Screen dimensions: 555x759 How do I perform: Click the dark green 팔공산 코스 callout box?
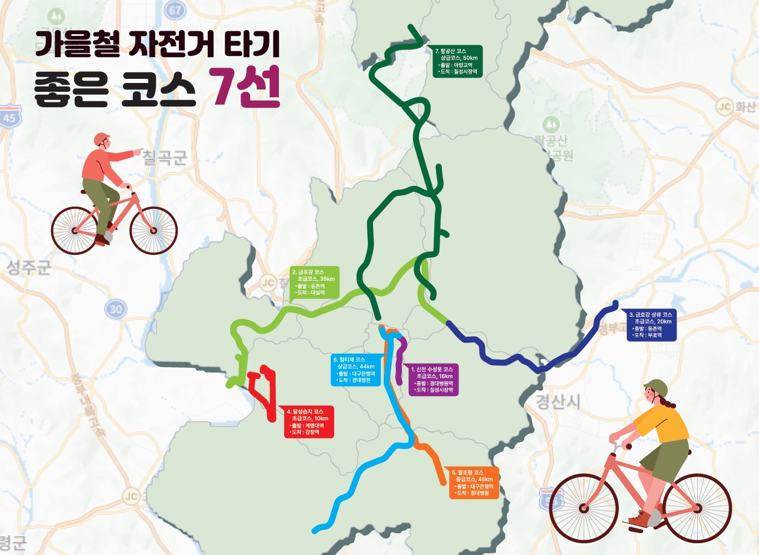click(458, 61)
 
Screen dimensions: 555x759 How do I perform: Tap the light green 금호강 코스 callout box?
click(315, 283)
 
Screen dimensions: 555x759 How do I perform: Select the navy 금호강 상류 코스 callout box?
click(651, 325)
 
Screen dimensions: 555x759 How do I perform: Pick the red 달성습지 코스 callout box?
click(308, 421)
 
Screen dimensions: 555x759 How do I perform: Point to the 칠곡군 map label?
click(165, 158)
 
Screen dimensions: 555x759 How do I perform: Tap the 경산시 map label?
click(558, 401)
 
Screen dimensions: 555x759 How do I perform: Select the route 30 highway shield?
click(116, 308)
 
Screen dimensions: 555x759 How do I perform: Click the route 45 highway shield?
click(9, 117)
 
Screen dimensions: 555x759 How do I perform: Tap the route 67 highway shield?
click(175, 10)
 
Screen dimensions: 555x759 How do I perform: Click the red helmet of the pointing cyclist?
click(102, 139)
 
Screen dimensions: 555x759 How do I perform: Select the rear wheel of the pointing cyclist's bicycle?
click(153, 230)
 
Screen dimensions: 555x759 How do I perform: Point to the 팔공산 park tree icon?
click(551, 124)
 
